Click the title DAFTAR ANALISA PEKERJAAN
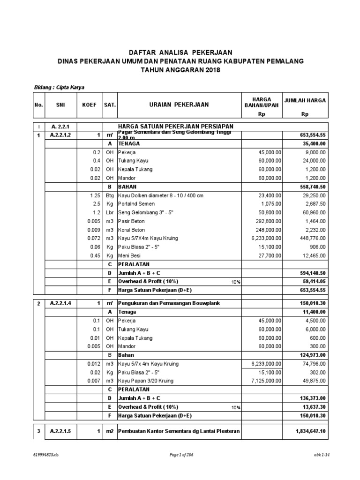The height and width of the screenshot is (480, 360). click(180, 52)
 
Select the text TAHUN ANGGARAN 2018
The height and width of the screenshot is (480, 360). click(180, 70)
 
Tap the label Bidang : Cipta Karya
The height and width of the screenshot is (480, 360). click(59, 87)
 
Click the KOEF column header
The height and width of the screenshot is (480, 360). click(89, 105)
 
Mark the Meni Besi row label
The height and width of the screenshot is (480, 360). click(129, 255)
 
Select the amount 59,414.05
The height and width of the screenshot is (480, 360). click(314, 282)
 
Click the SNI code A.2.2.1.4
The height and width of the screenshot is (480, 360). click(60, 303)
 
